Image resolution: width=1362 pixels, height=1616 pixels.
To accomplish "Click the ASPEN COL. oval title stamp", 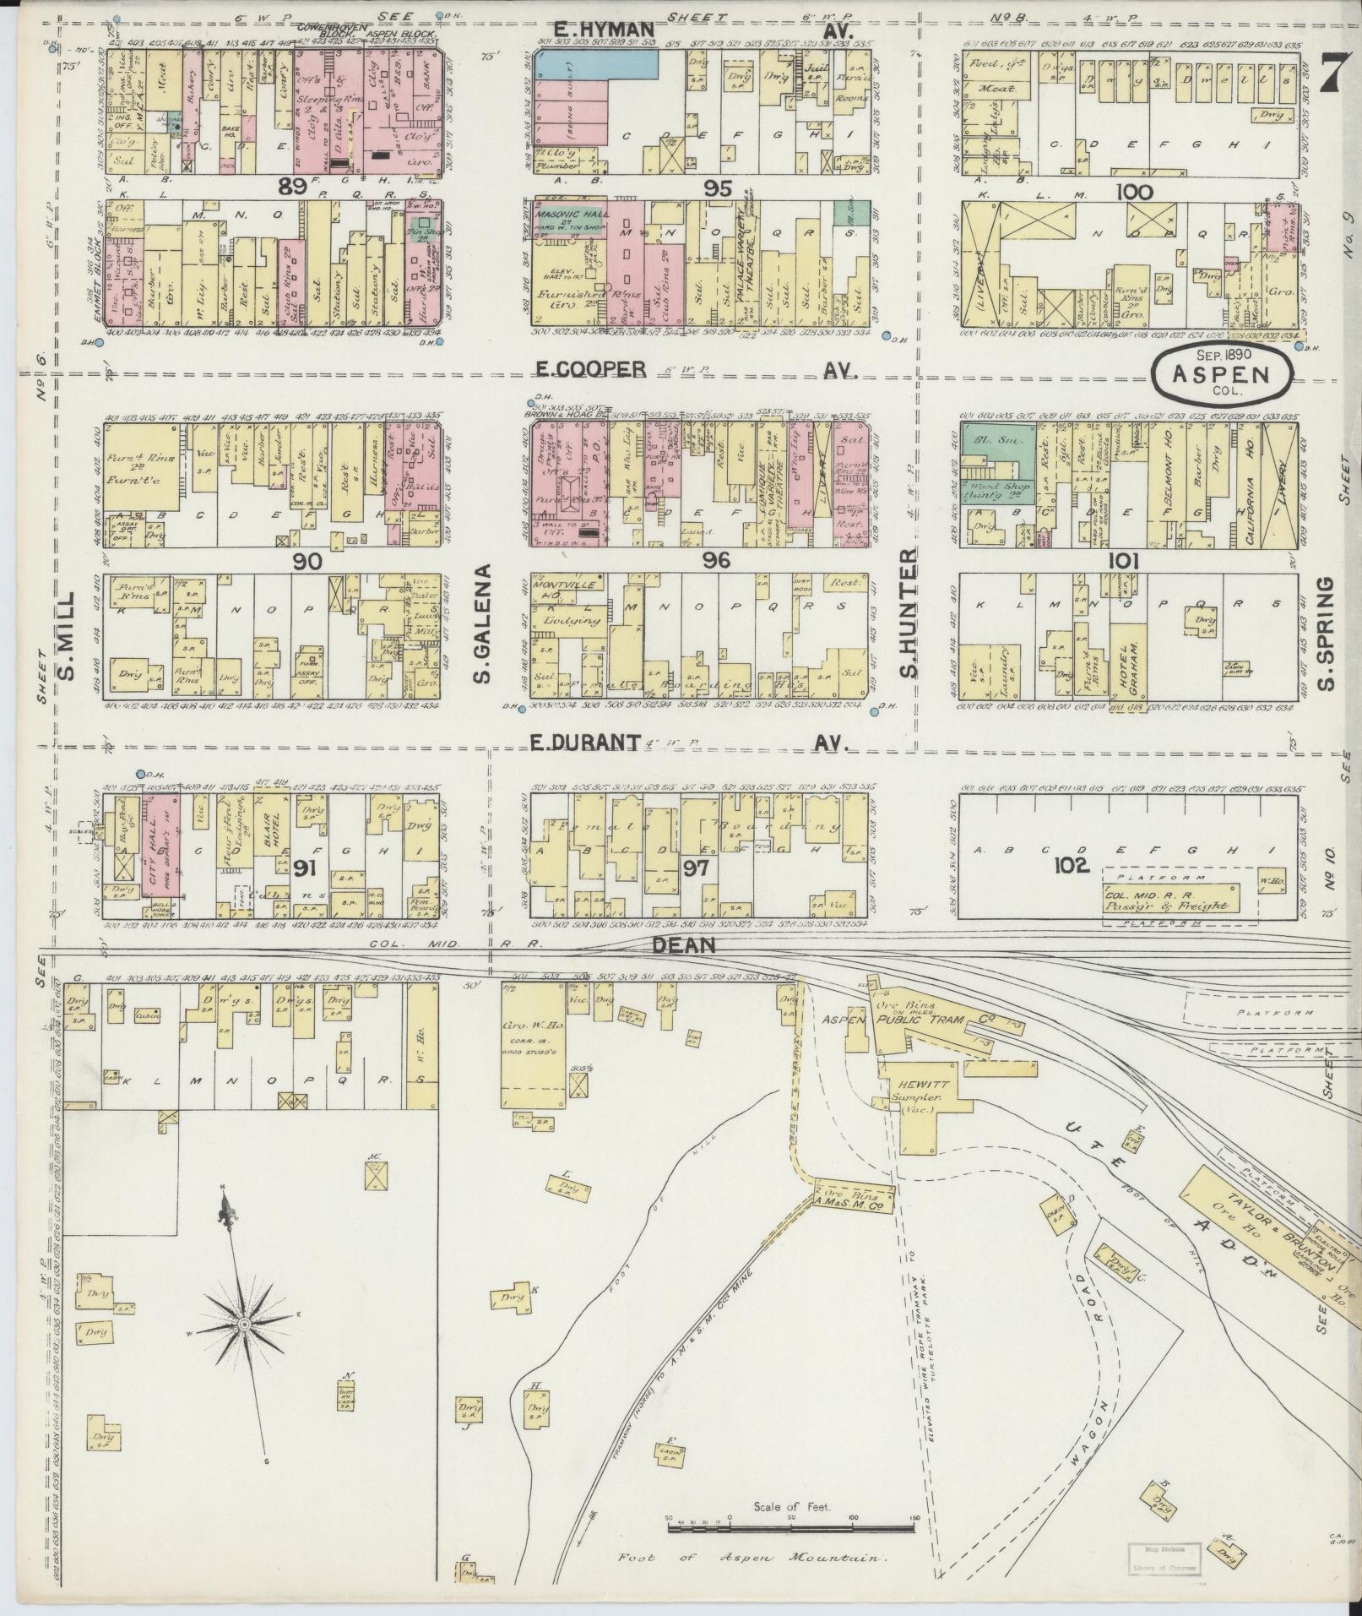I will [x=1222, y=373].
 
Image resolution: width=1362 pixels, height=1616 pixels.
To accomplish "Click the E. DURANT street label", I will [x=583, y=742].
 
